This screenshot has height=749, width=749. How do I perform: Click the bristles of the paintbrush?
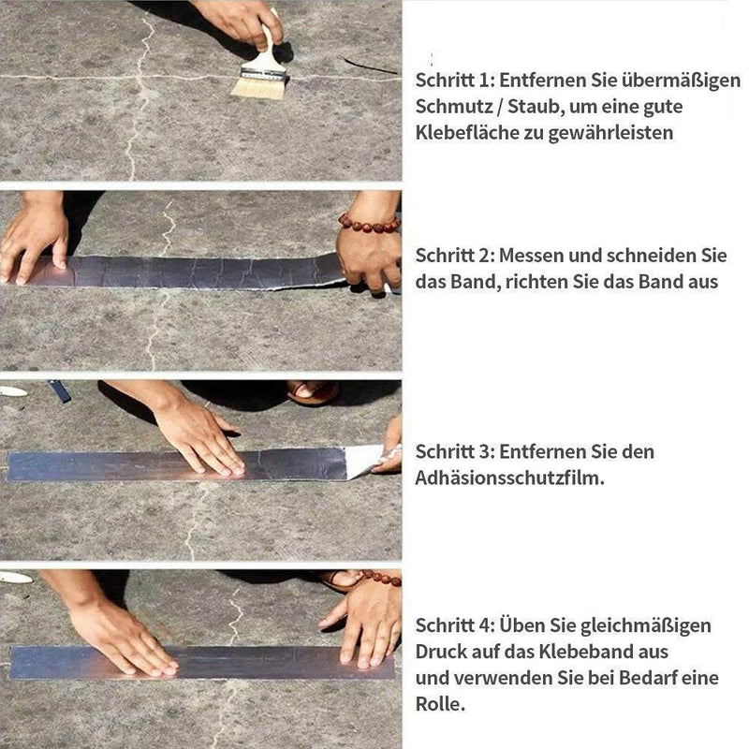tap(258, 87)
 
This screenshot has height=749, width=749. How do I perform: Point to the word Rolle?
tap(438, 703)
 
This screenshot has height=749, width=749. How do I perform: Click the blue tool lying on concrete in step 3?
tap(60, 390)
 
